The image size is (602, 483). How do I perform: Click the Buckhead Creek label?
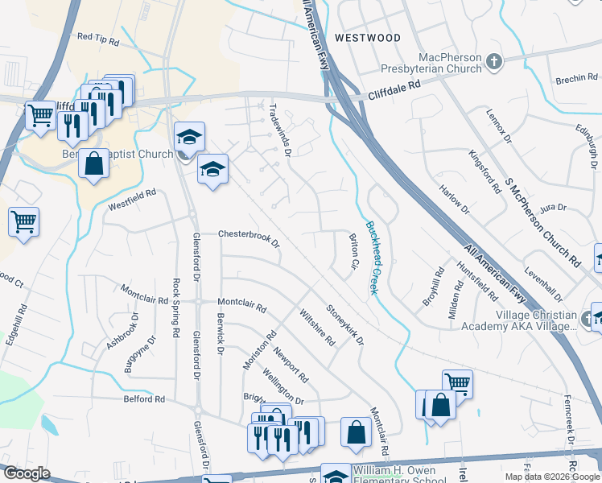pos(372,258)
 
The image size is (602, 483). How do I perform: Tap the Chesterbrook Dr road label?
pos(249,238)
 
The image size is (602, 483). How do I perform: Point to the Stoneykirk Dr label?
pos(344,324)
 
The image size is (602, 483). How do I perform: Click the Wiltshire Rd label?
pos(316,327)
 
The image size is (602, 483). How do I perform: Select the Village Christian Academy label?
pos(518,320)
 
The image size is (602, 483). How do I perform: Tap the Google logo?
pos(27,473)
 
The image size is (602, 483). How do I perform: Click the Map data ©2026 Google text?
pos(551,477)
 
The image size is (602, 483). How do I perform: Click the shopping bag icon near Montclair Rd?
pos(355,433)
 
